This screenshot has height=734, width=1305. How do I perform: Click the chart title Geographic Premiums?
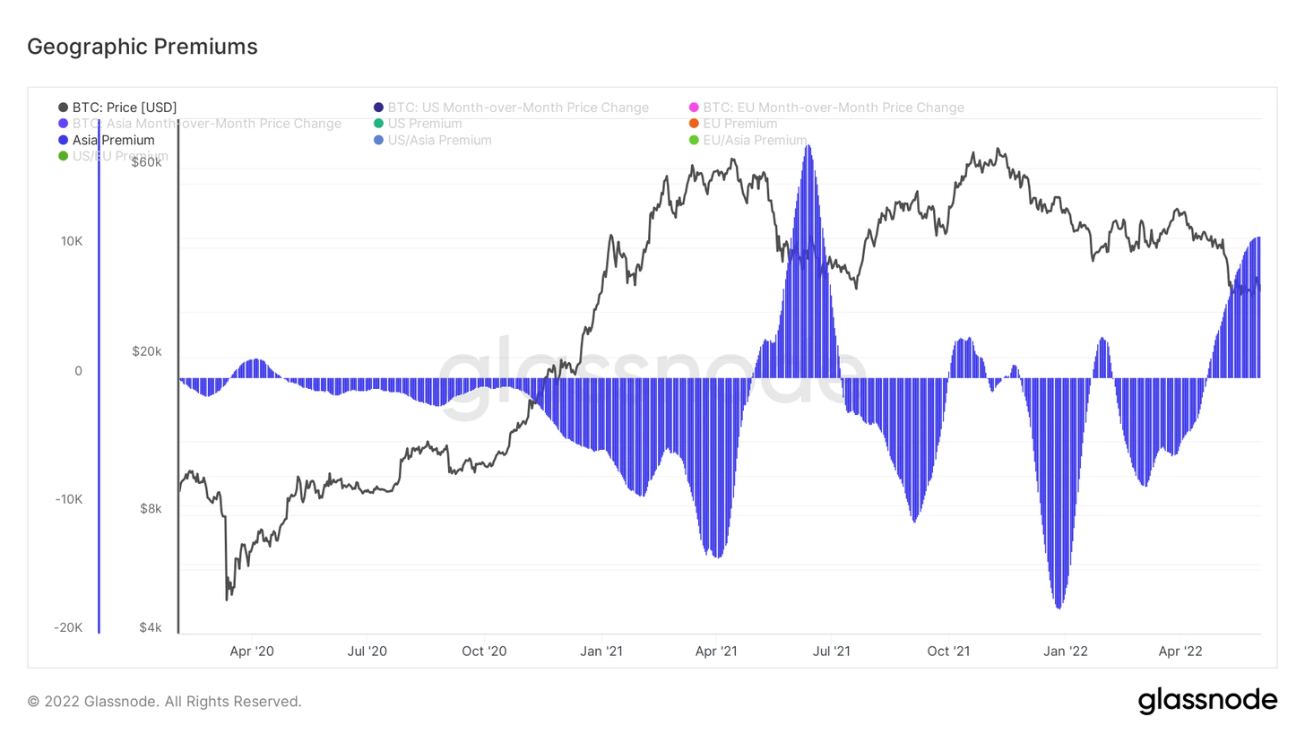tap(143, 47)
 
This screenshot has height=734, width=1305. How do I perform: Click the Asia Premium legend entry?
tap(113, 140)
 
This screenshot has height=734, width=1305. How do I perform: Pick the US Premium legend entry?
tap(425, 124)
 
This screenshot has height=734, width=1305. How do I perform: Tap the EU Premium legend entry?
tap(739, 124)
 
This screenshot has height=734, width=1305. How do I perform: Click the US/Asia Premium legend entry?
tap(439, 140)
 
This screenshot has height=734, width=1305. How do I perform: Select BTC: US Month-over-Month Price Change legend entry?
tap(518, 108)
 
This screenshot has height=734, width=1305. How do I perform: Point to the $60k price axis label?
tap(146, 162)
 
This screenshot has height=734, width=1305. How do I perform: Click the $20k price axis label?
tap(146, 351)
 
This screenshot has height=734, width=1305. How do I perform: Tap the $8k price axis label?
tap(149, 508)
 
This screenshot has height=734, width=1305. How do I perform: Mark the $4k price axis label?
tap(149, 627)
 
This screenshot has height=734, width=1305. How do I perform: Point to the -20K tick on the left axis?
tap(68, 627)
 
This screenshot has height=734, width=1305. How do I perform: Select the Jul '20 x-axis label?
tap(367, 651)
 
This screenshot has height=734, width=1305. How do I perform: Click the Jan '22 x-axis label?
tap(1065, 651)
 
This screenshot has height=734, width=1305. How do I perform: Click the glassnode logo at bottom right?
tap(1207, 701)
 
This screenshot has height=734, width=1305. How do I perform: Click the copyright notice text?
tap(165, 701)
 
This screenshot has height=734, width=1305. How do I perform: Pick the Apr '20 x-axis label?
tap(252, 651)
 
